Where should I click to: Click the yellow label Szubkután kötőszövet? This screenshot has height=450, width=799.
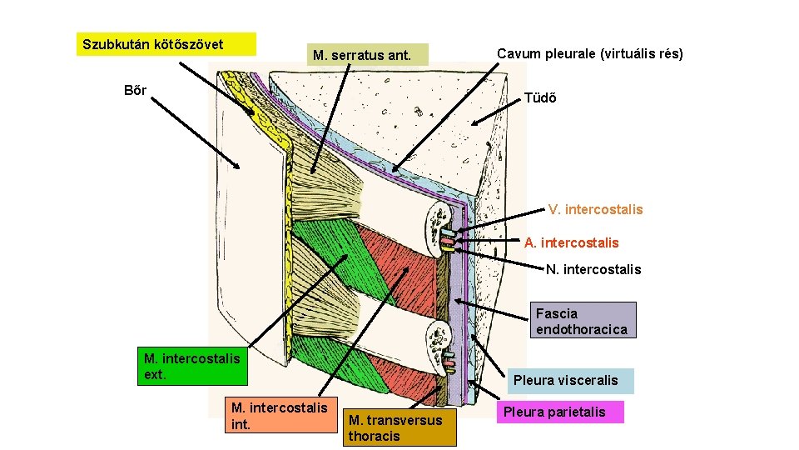coord(166,43)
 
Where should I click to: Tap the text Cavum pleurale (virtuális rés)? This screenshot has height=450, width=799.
coord(589,53)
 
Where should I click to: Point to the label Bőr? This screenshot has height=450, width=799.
coord(135,90)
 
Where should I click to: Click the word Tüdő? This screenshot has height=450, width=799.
coord(540,97)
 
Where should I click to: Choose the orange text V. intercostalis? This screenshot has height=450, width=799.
coord(595,209)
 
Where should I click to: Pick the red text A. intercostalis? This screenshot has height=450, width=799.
coord(571,242)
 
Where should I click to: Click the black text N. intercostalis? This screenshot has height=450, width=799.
coord(593,268)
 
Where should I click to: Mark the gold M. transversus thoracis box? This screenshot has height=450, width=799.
coord(399,427)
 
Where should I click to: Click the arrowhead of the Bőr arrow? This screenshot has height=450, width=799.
coord(240,167)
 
